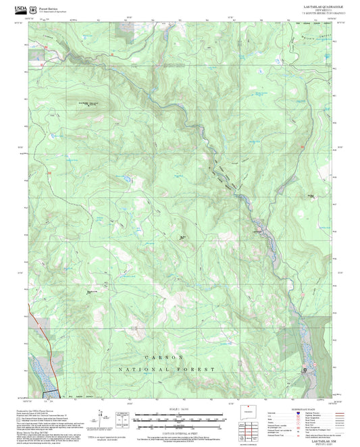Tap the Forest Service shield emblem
(35, 9)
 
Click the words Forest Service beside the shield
(49, 7)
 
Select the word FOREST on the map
(199, 369)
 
